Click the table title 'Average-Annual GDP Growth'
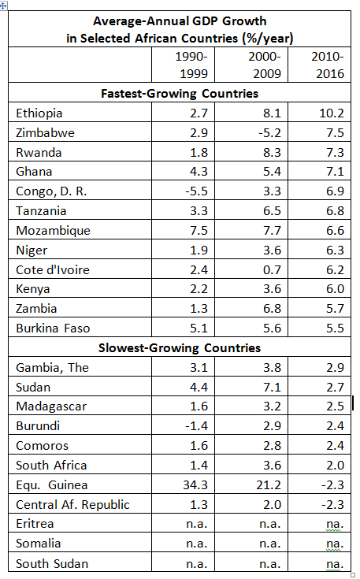point(180,21)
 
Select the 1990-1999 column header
point(191,65)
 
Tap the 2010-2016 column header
point(328,65)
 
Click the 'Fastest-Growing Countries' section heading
point(180,94)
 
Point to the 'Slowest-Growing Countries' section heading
point(180,348)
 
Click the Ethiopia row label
point(39,113)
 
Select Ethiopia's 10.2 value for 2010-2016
point(332,113)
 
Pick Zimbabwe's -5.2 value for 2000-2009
point(269,132)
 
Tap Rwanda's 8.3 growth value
point(272,152)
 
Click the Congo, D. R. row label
point(51,191)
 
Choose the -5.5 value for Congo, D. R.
point(196,191)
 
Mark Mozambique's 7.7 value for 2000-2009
point(272,230)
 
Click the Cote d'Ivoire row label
point(53,269)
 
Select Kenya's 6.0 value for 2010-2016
point(336,289)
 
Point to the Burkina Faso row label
point(53,328)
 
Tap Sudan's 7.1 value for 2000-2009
point(272,387)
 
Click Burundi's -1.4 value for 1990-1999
point(196,425)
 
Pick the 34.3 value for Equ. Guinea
point(195,484)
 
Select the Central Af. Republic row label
point(72,504)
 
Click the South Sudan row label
point(52,563)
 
